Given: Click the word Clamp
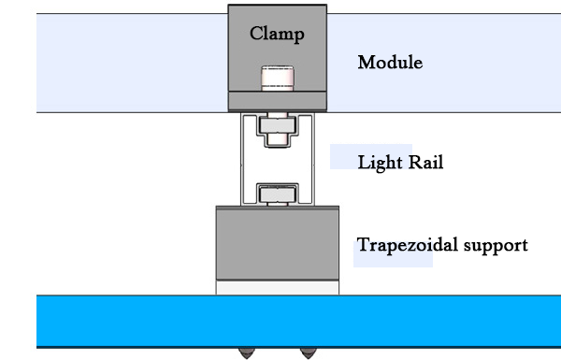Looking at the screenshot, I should pyautogui.click(x=277, y=34).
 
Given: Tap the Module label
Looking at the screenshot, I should pyautogui.click(x=390, y=64).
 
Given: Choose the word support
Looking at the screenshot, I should pyautogui.click(x=495, y=247).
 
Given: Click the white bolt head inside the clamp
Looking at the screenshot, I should pyautogui.click(x=277, y=77).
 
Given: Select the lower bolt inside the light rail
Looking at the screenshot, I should pyautogui.click(x=277, y=194).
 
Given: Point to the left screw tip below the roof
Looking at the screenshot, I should pyautogui.click(x=247, y=353).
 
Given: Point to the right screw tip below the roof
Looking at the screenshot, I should pyautogui.click(x=306, y=353).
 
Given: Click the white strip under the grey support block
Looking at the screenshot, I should pyautogui.click(x=277, y=288).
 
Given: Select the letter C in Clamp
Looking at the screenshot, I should pyautogui.click(x=255, y=34).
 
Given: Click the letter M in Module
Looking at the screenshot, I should pyautogui.click(x=366, y=64).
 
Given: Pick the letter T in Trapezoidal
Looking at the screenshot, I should pyautogui.click(x=363, y=246).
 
